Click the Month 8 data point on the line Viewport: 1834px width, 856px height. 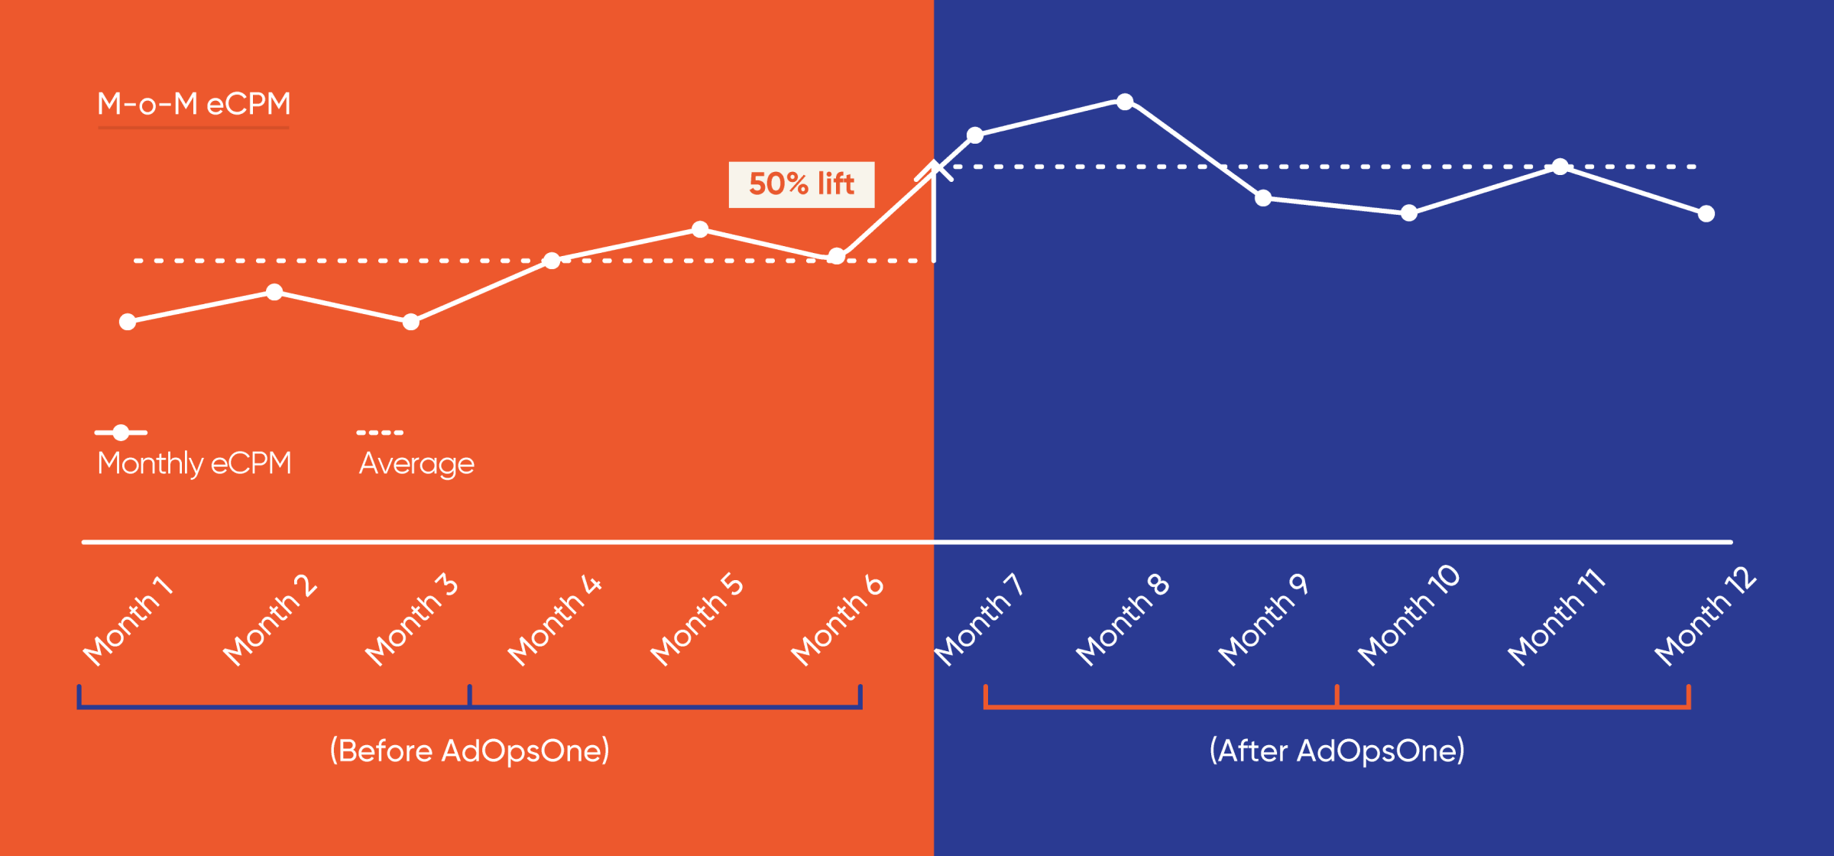tap(1125, 102)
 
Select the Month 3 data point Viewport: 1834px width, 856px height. tap(411, 322)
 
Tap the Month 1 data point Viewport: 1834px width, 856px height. tap(128, 322)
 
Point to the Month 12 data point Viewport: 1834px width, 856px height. tap(1706, 214)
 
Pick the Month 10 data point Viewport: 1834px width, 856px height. tap(1409, 213)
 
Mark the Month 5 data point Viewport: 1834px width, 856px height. tap(700, 229)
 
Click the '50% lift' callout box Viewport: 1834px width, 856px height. tap(801, 184)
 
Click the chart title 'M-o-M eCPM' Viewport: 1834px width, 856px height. tap(194, 104)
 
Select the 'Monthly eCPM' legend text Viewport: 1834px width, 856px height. tap(194, 463)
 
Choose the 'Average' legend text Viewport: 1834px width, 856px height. tap(416, 463)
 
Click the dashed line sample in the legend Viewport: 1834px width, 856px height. tap(380, 433)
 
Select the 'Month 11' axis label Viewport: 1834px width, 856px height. tap(1556, 618)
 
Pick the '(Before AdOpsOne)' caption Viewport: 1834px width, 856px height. tap(469, 751)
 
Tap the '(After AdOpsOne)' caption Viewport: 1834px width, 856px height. tap(1337, 751)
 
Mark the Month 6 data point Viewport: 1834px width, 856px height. tap(837, 256)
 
